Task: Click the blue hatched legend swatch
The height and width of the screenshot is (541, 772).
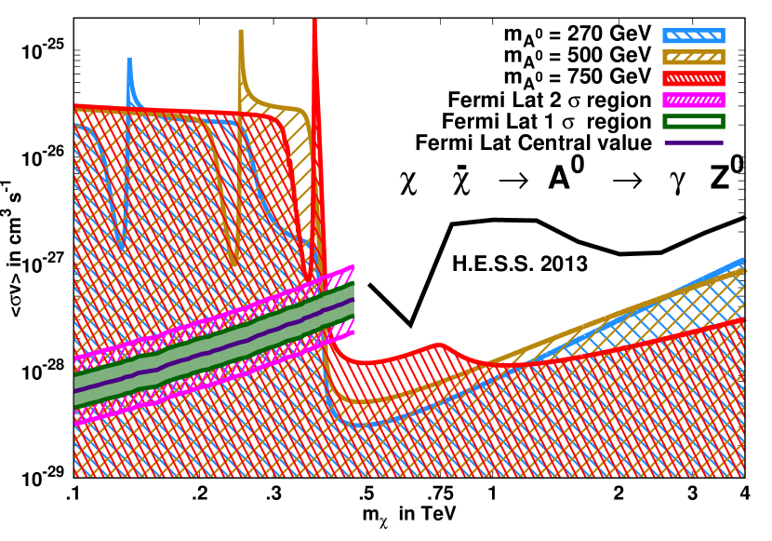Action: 693,36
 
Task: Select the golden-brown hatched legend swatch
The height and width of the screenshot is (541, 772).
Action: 693,57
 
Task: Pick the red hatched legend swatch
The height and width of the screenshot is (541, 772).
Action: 693,78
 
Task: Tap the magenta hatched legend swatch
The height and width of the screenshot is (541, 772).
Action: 693,100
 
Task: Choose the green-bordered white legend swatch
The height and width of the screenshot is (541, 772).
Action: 693,121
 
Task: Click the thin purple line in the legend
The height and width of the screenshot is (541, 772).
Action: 693,142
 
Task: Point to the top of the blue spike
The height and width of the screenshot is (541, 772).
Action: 129,60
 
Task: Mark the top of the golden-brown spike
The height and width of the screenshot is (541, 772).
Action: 241,31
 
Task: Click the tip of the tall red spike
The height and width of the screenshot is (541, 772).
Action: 314,20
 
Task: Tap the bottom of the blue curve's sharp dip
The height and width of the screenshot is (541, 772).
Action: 123,247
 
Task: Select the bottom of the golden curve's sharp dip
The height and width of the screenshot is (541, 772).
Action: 234,264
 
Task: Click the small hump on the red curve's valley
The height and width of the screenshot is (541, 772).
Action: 439,345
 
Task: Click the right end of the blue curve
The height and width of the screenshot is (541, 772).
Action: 743,260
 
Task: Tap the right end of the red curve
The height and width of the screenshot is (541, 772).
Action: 743,319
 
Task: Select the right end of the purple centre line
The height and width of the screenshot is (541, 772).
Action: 353,299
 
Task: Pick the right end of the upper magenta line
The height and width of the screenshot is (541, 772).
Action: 353,266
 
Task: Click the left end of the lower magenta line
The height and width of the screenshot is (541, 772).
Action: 75,424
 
